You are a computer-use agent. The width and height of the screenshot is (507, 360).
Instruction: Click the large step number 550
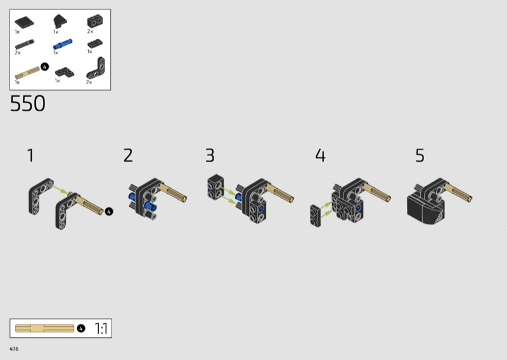pyautogui.click(x=27, y=103)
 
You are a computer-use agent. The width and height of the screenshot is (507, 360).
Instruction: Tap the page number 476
pyautogui.click(x=14, y=349)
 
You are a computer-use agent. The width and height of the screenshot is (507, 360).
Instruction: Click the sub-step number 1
pyautogui.click(x=30, y=155)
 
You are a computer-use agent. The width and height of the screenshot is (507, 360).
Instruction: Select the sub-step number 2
pyautogui.click(x=128, y=155)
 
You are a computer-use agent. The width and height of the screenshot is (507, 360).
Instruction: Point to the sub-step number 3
pyautogui.click(x=210, y=155)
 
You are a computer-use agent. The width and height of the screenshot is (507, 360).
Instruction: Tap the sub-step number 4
pyautogui.click(x=321, y=155)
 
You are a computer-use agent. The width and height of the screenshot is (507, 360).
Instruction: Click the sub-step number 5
pyautogui.click(x=420, y=155)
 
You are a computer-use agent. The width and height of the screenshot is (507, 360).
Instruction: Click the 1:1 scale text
pyautogui.click(x=101, y=328)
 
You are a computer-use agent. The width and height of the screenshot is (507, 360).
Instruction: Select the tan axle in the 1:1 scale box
pyautogui.click(x=44, y=328)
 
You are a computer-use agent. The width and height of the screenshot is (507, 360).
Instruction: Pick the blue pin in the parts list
pyautogui.click(x=63, y=44)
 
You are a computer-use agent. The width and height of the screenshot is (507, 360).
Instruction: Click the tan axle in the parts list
pyautogui.click(x=27, y=73)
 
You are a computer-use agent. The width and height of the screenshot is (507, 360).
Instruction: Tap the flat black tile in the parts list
pyautogui.click(x=24, y=22)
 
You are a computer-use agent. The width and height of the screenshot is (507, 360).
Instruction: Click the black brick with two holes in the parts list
pyautogui.click(x=95, y=22)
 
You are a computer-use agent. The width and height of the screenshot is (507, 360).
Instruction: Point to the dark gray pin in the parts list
pyautogui.click(x=25, y=44)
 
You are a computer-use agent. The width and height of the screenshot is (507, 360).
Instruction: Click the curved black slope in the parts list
pyautogui.click(x=60, y=21)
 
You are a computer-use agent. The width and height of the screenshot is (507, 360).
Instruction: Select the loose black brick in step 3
pyautogui.click(x=215, y=187)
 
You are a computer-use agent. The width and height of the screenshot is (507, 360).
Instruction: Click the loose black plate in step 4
pyautogui.click(x=315, y=215)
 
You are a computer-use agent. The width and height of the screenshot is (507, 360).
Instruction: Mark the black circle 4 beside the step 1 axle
pyautogui.click(x=109, y=212)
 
